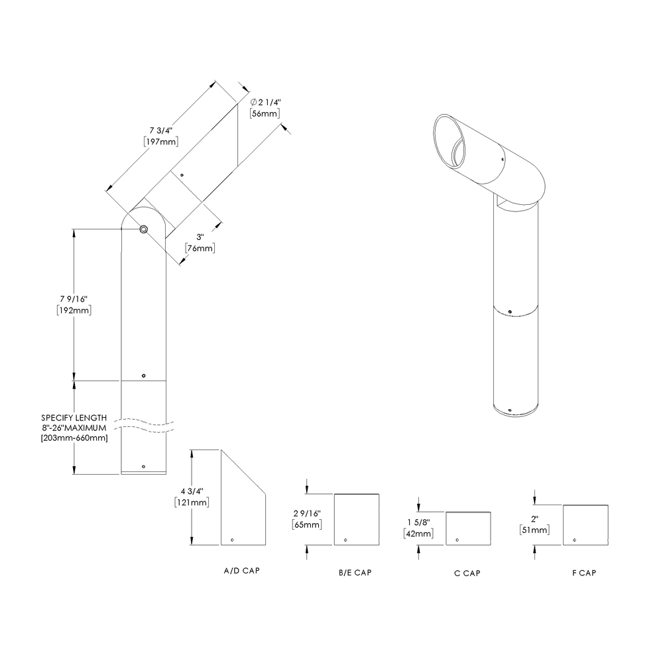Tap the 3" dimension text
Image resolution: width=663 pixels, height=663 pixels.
point(200,237)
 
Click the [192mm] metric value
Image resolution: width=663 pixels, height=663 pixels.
point(74,310)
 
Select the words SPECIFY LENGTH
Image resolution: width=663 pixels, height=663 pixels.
point(74,418)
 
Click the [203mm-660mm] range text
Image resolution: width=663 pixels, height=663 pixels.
point(74,438)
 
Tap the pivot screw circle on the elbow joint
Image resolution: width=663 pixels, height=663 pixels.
point(143,229)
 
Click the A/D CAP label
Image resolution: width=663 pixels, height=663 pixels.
point(241,570)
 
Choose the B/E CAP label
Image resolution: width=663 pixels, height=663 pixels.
point(355,573)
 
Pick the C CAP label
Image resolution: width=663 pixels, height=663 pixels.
point(467,573)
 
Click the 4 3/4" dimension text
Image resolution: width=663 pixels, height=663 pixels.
point(191,491)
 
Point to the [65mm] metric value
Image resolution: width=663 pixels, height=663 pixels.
point(307,525)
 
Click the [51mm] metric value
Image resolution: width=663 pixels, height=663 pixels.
point(535,530)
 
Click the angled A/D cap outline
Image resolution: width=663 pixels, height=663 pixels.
point(243,504)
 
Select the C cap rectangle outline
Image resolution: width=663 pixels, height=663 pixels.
point(468,528)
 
